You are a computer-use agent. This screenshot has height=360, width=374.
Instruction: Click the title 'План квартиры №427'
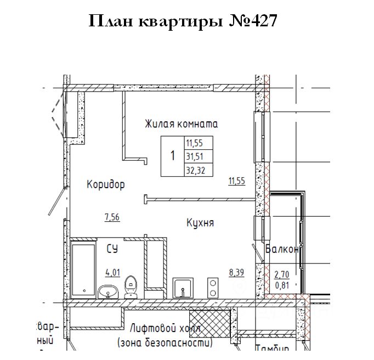coord(184,22)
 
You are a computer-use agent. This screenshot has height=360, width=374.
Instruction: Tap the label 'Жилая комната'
coord(181,124)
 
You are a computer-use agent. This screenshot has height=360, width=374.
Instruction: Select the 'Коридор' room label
coord(106,185)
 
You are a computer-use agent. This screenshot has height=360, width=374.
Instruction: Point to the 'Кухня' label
coord(200,223)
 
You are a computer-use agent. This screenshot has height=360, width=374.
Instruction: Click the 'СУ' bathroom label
coord(112,249)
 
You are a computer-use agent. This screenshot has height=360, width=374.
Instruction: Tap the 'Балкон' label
coord(282,250)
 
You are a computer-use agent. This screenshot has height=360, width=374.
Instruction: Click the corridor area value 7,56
coord(112,217)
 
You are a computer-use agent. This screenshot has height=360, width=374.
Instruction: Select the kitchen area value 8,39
coord(237,271)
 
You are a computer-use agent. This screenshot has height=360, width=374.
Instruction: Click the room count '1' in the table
coord(173,156)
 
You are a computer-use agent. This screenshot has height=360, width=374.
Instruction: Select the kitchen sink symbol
coord(183,288)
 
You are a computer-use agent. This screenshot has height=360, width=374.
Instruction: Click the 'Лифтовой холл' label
coord(165,329)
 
